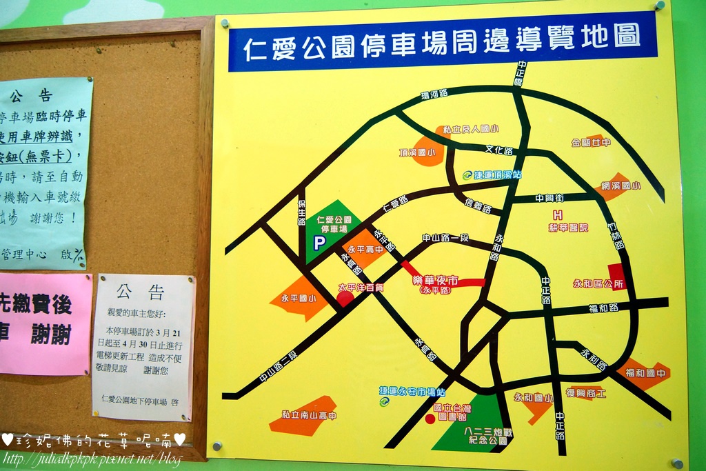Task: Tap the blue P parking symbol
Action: click(319, 243)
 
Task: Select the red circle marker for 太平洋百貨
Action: click(345, 299)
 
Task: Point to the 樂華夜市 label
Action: click(435, 280)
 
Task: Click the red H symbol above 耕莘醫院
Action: click(558, 215)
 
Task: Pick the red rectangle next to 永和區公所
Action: click(616, 276)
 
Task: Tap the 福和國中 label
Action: click(647, 374)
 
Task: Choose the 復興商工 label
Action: click(585, 393)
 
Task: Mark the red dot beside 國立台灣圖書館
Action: click(430, 419)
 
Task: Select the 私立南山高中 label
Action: click(310, 415)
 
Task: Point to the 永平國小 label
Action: click(299, 299)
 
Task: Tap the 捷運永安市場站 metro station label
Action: click(412, 391)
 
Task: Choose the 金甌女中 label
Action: click(592, 143)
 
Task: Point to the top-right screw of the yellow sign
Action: click(659, 6)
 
